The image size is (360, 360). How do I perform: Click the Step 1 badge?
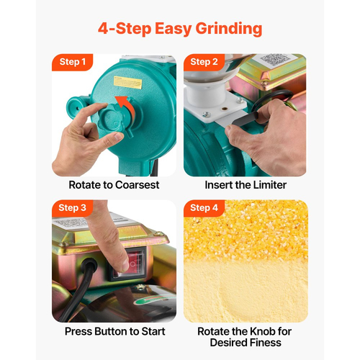coord(72,62)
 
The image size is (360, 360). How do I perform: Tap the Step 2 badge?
coord(204,62)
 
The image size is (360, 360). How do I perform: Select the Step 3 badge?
coord(72,208)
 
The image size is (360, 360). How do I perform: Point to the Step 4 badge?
coord(204,208)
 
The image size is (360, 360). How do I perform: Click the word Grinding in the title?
coord(229,29)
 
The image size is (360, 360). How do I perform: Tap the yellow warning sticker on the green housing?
coord(127,83)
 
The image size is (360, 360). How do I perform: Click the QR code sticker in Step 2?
coord(275,60)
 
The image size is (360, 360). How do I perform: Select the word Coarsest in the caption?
coord(138,185)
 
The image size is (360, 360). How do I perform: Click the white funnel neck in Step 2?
coord(205,96)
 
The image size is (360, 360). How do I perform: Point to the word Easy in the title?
coord(173,29)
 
